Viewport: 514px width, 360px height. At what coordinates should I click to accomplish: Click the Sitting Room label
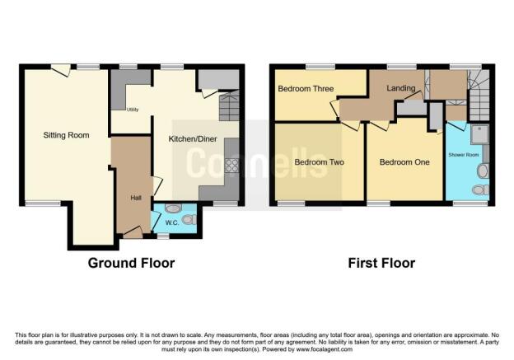[x=67, y=134]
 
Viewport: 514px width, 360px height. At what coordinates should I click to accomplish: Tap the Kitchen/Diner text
[x=192, y=139]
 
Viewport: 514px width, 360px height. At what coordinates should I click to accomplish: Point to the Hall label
[x=136, y=198]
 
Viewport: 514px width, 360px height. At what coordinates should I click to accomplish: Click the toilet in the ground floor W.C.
[x=189, y=220]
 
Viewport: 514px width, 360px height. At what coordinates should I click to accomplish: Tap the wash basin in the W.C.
[x=171, y=208]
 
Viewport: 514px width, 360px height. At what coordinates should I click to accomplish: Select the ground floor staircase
[x=229, y=105]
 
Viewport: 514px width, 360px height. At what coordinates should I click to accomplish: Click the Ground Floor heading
[x=132, y=264]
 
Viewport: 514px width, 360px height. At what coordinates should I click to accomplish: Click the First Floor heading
[x=381, y=264]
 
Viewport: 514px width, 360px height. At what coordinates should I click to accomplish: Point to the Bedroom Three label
[x=305, y=89]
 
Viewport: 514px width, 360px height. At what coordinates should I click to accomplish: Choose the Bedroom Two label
[x=319, y=162]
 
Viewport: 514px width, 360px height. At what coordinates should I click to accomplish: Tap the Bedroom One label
[x=404, y=162]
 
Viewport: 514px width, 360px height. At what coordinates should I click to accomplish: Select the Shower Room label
[x=464, y=155]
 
